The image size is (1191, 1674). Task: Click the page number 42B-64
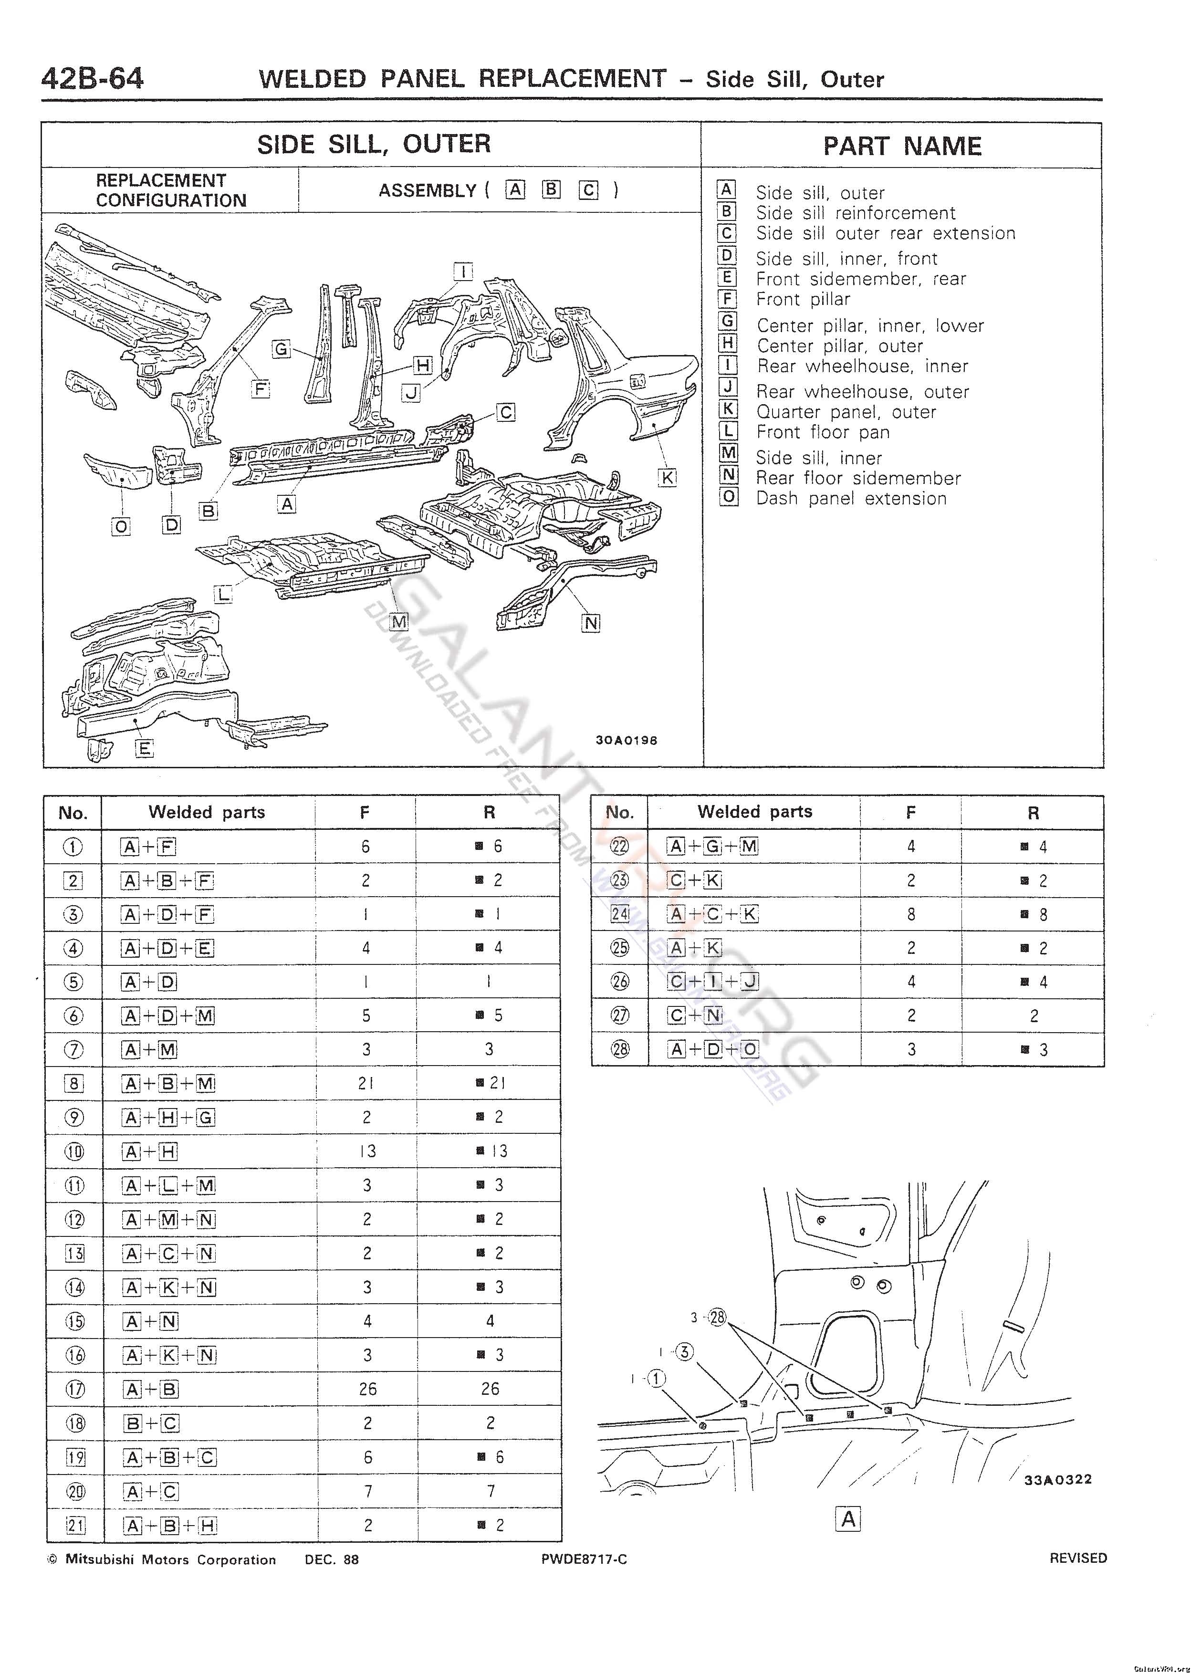(93, 78)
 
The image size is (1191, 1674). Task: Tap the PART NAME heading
(902, 146)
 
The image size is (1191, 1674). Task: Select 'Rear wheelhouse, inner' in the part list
(862, 366)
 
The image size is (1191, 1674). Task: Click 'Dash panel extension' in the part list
(851, 499)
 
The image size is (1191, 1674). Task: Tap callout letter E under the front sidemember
(145, 749)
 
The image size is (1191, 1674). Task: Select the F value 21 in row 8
(366, 1083)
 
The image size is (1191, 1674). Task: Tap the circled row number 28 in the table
(620, 1049)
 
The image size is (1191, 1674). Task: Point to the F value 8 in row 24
(911, 914)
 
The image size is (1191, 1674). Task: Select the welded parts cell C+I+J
(713, 981)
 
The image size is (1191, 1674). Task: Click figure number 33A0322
(1058, 1480)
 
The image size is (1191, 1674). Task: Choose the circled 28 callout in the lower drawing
(717, 1318)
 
